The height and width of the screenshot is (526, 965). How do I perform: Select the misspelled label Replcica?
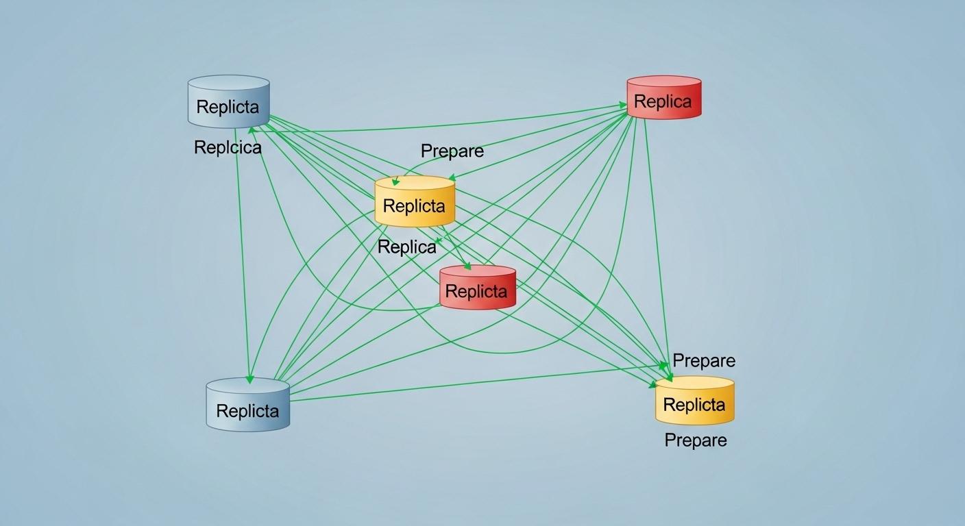coord(228,147)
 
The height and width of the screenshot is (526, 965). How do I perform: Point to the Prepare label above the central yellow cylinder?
coord(452,151)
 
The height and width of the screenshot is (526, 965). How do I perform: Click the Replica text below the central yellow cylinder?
coord(406,247)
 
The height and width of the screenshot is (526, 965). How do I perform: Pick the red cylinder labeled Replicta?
coord(477,288)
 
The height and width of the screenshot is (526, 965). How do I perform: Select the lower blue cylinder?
coord(247,405)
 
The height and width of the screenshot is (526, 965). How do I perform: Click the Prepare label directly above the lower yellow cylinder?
coord(703,360)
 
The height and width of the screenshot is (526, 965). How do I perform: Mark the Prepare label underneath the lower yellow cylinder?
coord(695,440)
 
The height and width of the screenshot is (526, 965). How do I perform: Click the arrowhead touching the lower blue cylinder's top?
coord(249,379)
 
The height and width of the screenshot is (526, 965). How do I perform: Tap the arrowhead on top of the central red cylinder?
coord(467,266)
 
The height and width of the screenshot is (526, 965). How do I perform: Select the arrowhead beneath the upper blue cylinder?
coord(252,129)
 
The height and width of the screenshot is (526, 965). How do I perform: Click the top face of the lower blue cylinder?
coord(247,386)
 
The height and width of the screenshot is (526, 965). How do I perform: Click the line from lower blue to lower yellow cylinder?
coord(473,383)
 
